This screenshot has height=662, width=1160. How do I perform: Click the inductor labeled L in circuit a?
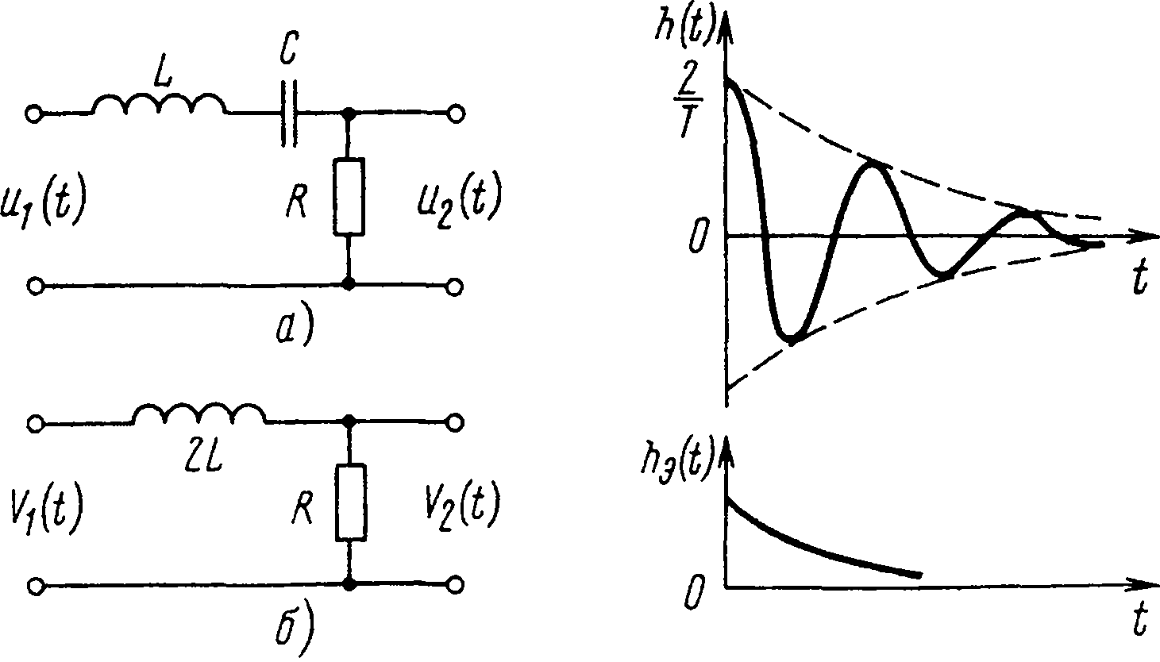tap(160, 106)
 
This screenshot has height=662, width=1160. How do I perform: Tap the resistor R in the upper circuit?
tap(349, 197)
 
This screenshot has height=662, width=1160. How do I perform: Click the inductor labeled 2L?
tap(199, 416)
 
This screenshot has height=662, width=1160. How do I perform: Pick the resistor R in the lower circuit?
tap(349, 502)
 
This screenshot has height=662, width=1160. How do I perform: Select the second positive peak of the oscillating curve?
tap(873, 164)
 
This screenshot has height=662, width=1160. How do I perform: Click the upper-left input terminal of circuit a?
tap(34, 114)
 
